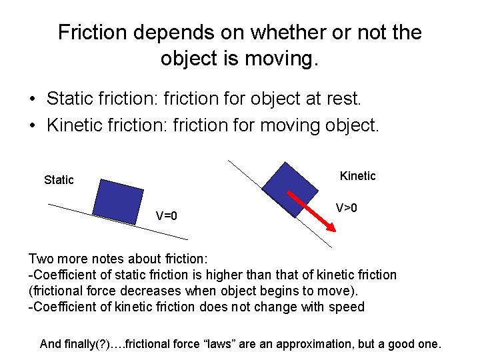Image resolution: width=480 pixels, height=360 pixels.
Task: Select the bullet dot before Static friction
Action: (32, 100)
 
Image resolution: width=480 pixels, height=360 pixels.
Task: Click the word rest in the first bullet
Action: (342, 99)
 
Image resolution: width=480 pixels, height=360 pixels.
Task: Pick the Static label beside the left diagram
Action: (59, 180)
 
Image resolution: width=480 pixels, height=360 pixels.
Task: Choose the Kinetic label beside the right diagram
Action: (357, 176)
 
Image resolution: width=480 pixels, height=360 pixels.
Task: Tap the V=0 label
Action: (166, 215)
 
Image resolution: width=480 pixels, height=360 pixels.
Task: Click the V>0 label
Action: (346, 208)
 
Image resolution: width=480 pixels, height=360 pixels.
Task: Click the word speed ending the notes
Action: (348, 307)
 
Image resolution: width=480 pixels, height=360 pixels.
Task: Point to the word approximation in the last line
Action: (340, 344)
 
